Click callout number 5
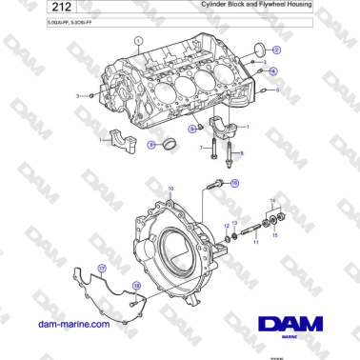tap(277, 90)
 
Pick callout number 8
tap(150, 145)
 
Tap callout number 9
tap(192, 128)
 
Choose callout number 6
tap(241, 152)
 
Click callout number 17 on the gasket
tap(101, 270)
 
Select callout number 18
tap(135, 286)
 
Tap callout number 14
tap(273, 201)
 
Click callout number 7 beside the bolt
tap(200, 149)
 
